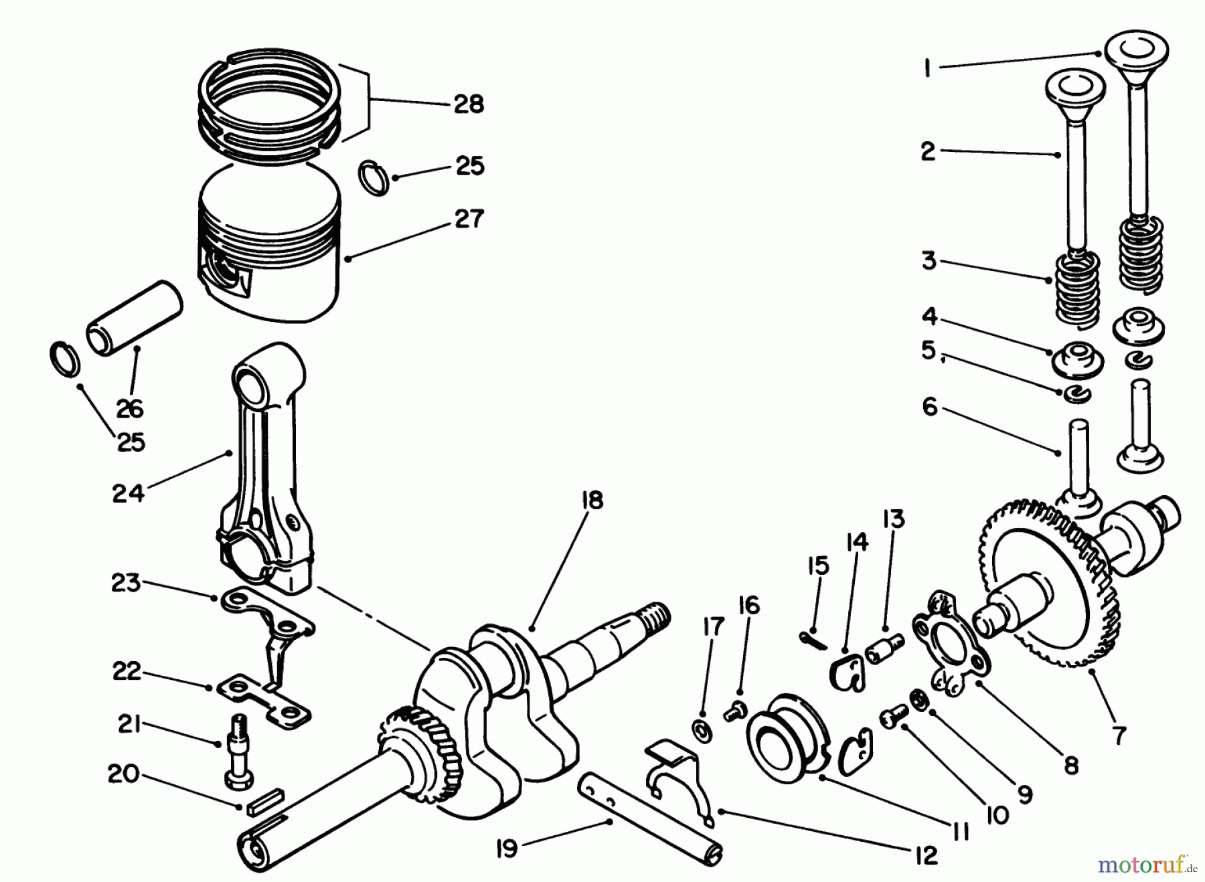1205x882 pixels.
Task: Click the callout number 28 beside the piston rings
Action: tap(468, 104)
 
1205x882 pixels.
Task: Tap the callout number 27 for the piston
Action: tap(469, 219)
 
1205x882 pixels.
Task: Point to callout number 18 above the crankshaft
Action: tap(592, 500)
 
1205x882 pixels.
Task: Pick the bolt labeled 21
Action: tap(239, 756)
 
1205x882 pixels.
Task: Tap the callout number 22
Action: tap(127, 671)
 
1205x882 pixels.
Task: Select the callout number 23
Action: tap(126, 583)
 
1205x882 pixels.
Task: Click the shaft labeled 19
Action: tap(649, 820)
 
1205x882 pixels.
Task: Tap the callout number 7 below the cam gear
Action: tap(1119, 735)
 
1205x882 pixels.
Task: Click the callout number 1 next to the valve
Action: tap(927, 68)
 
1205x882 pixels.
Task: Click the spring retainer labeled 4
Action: tap(1077, 359)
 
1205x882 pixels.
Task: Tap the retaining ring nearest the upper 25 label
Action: tap(374, 178)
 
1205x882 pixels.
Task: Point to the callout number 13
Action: tap(893, 519)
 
